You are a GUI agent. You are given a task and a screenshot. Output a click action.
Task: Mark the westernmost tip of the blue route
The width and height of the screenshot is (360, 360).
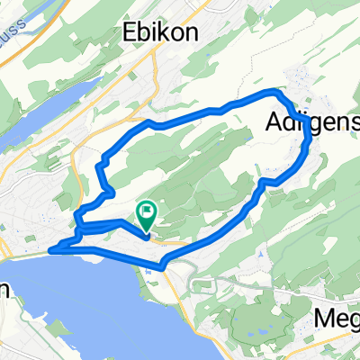[50, 250]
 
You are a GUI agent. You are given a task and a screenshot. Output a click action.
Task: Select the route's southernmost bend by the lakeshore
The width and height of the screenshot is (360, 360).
[162, 266]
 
